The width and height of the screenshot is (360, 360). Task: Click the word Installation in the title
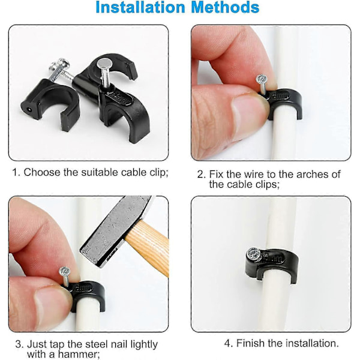click(x=140, y=7)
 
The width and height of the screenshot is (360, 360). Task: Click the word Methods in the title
click(x=225, y=7)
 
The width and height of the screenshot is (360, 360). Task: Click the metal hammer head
click(x=115, y=230)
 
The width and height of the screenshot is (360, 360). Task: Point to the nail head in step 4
click(x=253, y=253)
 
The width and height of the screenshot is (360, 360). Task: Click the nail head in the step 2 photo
click(x=262, y=79)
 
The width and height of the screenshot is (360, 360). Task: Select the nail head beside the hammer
click(x=65, y=272)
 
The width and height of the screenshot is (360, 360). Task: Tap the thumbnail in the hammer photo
click(x=49, y=305)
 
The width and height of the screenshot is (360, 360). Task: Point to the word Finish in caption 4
click(x=251, y=343)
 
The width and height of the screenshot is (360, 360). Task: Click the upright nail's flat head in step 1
click(x=104, y=62)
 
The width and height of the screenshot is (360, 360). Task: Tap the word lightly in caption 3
click(x=144, y=344)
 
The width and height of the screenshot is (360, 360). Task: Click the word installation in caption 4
click(x=312, y=343)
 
